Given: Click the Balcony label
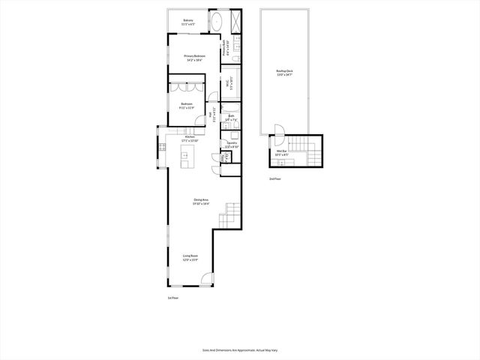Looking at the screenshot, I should click(188, 22).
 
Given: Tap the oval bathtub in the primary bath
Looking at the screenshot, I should click(217, 21).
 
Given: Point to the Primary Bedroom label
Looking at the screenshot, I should click(194, 57).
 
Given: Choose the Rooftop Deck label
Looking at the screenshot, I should click(285, 73).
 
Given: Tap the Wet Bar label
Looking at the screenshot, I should click(282, 152).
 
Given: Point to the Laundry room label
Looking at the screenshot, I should click(232, 145).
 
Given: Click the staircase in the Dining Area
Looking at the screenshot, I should click(232, 215).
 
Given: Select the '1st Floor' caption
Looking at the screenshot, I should click(172, 298).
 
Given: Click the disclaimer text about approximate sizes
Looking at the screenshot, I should click(239, 349).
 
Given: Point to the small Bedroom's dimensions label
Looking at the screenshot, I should click(186, 107).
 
